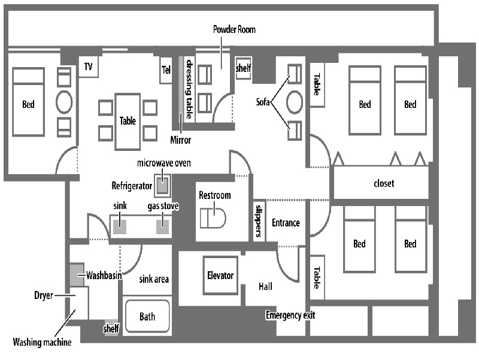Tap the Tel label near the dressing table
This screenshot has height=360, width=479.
click(166, 69)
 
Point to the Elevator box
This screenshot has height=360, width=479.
click(220, 276)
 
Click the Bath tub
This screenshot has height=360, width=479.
click(147, 316)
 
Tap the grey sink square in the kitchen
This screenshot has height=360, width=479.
click(120, 227)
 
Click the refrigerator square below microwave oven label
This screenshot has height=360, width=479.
click(163, 186)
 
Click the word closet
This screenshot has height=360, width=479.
click(383, 183)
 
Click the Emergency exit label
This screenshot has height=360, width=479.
click(290, 315)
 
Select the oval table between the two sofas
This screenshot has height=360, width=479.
click(295, 102)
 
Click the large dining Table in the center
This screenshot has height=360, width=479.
click(128, 120)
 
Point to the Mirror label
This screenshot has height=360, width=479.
click(180, 140)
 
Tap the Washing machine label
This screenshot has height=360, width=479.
click(42, 343)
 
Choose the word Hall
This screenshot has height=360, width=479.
click(265, 286)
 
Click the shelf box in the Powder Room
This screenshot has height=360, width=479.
click(243, 68)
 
